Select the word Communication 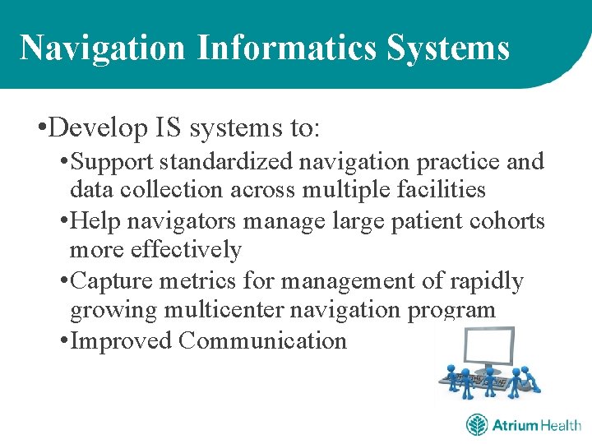(263, 340)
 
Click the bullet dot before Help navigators (64, 222)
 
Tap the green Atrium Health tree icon (477, 425)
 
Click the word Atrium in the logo (515, 425)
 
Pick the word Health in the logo (561, 425)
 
